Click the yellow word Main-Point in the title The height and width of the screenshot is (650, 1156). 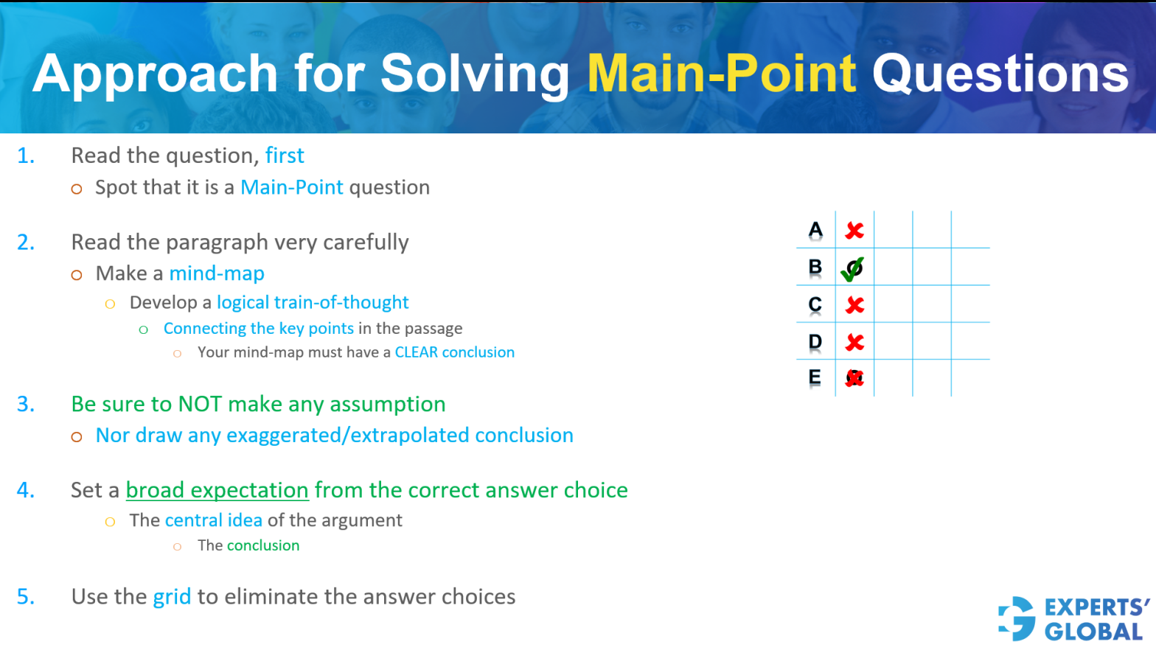pyautogui.click(x=721, y=74)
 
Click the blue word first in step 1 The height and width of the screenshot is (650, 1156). pyautogui.click(x=285, y=155)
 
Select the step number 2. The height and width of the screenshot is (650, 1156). pyautogui.click(x=26, y=242)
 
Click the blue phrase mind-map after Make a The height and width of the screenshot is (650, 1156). pyautogui.click(x=217, y=273)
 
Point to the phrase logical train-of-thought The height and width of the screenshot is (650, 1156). pyautogui.click(x=313, y=302)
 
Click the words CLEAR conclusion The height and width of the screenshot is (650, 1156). pyautogui.click(x=454, y=352)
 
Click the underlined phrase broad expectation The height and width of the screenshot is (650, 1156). pyautogui.click(x=217, y=490)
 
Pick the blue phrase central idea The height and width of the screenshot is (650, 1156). pyautogui.click(x=214, y=520)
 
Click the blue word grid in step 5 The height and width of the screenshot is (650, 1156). pyautogui.click(x=172, y=596)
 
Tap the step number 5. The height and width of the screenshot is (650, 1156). pyautogui.click(x=26, y=596)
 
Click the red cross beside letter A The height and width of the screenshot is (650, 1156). pyautogui.click(x=854, y=231)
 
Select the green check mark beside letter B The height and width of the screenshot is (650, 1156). pyautogui.click(x=853, y=269)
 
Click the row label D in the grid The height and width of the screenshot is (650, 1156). pyautogui.click(x=815, y=342)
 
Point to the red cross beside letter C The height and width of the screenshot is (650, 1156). pyautogui.click(x=854, y=305)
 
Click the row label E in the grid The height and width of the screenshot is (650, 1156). pyautogui.click(x=815, y=378)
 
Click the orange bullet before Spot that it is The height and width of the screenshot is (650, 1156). pyautogui.click(x=77, y=189)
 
